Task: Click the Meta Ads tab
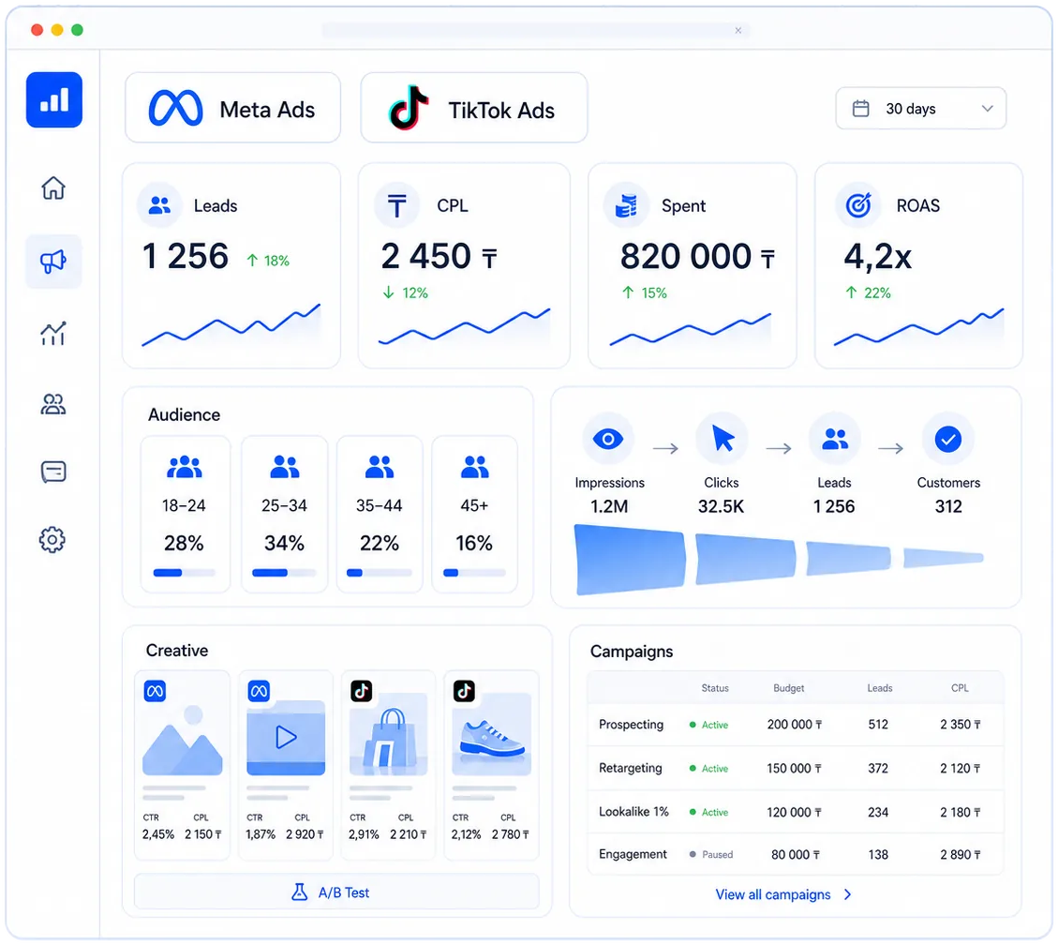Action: (232, 108)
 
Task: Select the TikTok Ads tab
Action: (473, 108)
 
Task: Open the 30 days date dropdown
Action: (920, 108)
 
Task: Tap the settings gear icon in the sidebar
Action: (52, 539)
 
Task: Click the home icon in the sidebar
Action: (53, 187)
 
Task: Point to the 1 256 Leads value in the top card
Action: (186, 257)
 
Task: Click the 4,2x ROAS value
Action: (877, 257)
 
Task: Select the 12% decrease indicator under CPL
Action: (405, 292)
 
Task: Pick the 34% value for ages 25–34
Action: (284, 543)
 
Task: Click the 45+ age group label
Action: (474, 505)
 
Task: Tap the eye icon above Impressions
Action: (608, 440)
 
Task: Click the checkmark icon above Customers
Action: (948, 440)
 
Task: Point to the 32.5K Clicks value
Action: (722, 506)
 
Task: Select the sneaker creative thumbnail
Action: (491, 734)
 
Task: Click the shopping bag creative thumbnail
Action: (389, 734)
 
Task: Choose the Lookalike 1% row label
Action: (633, 811)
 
